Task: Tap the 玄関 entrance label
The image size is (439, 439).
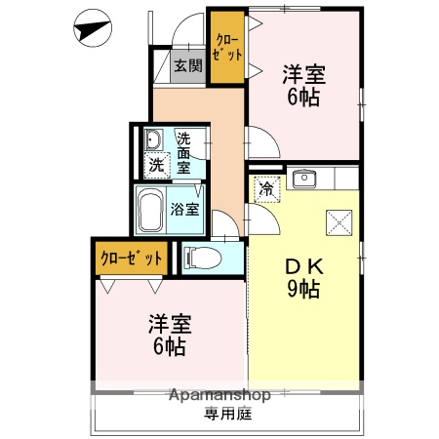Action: [x=188, y=66]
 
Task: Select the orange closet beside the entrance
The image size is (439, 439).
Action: [x=226, y=47]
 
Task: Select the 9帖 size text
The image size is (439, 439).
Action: [x=302, y=289]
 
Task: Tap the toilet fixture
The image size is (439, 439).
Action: [x=200, y=258]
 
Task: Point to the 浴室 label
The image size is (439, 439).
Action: [x=185, y=208]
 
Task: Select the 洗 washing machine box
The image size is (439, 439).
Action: [x=156, y=164]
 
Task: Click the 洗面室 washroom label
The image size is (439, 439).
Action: [x=189, y=152]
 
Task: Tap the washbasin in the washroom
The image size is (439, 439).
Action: [x=152, y=139]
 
